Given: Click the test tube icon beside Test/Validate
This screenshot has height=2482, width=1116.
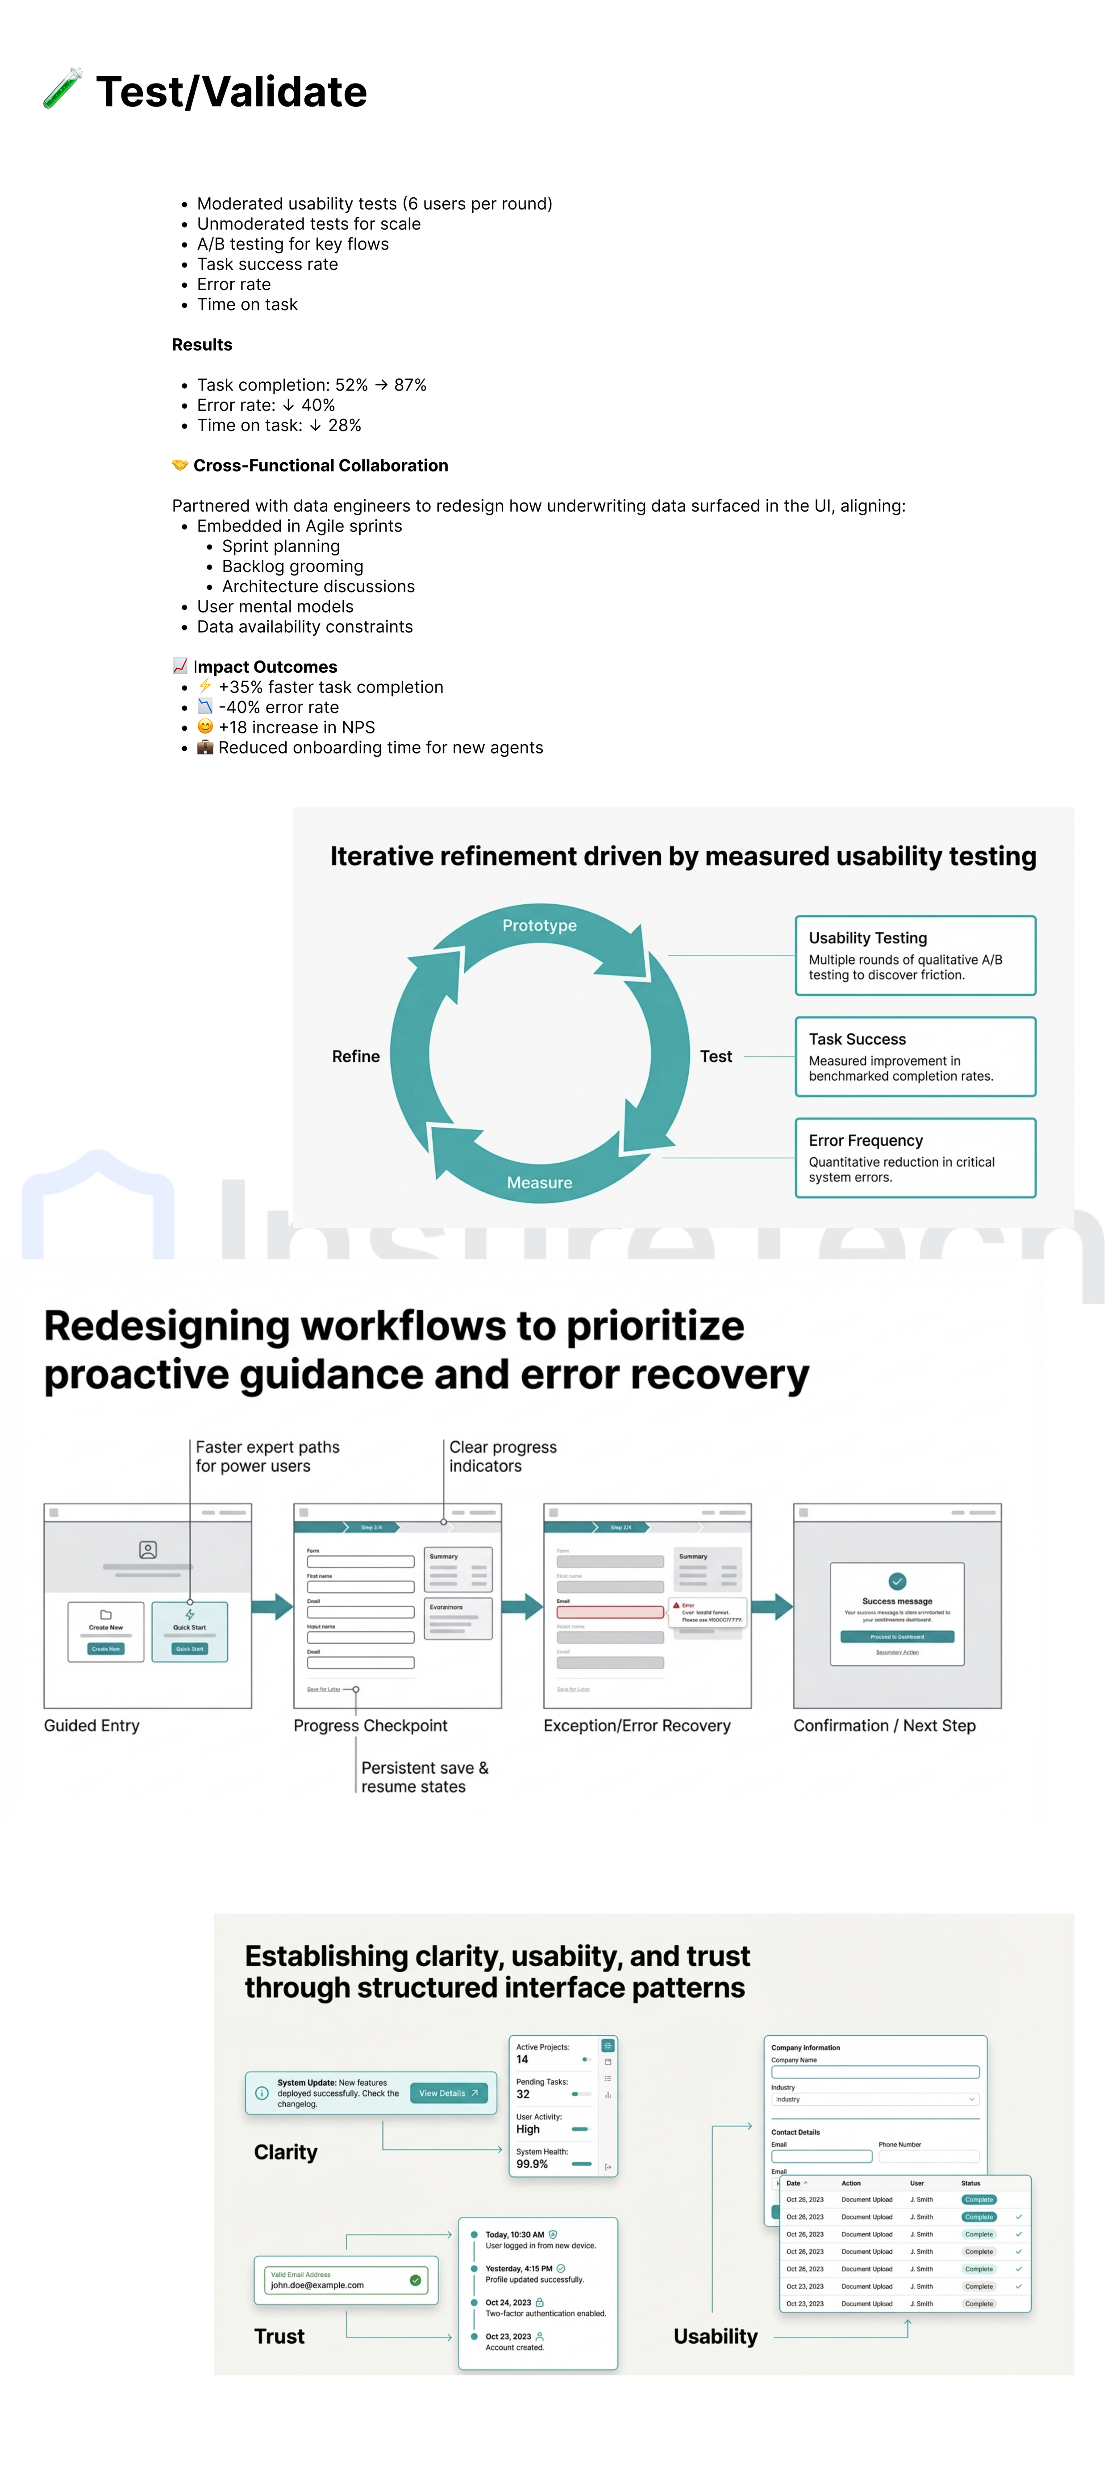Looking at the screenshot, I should [x=62, y=90].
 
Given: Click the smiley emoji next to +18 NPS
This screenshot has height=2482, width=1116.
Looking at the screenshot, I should [x=205, y=727].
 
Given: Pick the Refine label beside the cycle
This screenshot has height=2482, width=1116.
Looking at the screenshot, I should [x=356, y=1057].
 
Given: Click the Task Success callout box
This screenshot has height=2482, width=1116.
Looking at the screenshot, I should [x=915, y=1057].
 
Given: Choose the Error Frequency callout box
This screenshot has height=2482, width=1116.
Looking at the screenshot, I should [x=915, y=1158].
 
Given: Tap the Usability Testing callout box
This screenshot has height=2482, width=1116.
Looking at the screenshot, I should [x=915, y=956].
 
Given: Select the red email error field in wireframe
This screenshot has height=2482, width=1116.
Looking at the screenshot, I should [x=610, y=1612].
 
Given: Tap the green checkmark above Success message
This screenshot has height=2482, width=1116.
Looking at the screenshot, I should [x=897, y=1581].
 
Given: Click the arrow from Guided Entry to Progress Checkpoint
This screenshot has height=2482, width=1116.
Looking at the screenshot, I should [x=273, y=1606].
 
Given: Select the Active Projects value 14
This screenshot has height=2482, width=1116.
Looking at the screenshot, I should [x=522, y=2059].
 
